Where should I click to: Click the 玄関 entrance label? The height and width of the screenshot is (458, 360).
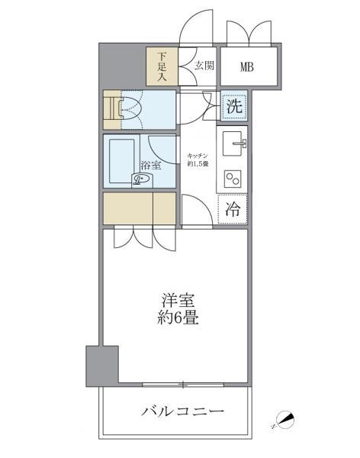tap(204, 66)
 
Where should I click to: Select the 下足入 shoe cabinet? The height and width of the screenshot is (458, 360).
tap(162, 66)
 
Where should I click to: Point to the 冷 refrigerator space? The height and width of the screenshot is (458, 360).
tap(233, 208)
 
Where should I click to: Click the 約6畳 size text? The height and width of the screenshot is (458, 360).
tap(180, 318)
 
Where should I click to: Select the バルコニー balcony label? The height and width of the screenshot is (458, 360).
tap(182, 412)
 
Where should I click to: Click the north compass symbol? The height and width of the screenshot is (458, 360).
tap(284, 419)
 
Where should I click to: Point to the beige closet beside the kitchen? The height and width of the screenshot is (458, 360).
tap(140, 208)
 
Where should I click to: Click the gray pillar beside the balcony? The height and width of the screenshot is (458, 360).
tap(101, 366)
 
